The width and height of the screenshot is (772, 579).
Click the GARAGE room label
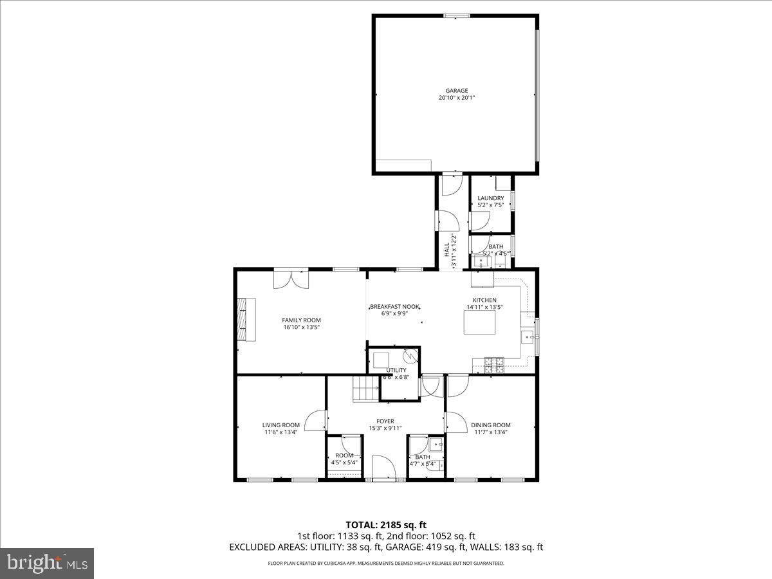point(457,91)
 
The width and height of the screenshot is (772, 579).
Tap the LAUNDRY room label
point(491,198)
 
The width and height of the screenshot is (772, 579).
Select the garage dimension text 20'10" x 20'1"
point(457,98)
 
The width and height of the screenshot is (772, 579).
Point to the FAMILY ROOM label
point(301,320)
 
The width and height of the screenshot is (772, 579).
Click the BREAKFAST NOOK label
point(394,307)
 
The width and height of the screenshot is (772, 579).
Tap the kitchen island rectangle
point(479,322)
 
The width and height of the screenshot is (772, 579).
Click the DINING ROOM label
point(491,425)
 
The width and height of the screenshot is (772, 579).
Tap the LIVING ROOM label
point(281,425)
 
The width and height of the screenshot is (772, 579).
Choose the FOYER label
point(385,421)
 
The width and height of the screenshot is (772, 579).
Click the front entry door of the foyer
point(385,468)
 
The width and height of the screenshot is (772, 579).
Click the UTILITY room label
point(396,370)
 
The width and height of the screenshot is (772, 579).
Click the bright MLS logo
point(47,564)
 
